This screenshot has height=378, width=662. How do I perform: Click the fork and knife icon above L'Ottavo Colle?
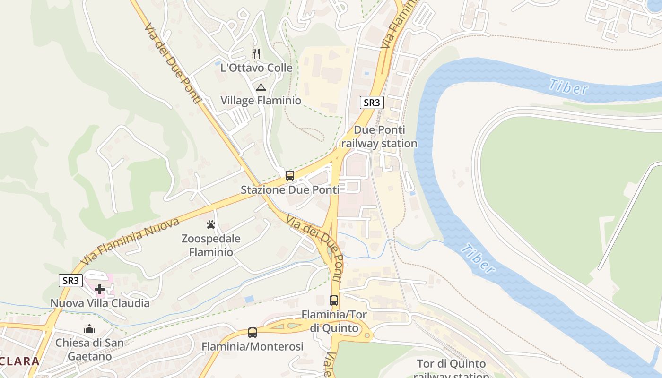(256, 54)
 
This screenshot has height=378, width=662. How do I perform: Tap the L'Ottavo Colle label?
(256, 68)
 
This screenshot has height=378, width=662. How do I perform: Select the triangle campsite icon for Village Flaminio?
(261, 87)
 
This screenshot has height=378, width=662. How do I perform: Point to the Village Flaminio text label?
(261, 101)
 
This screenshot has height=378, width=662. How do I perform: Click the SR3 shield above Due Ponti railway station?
(371, 103)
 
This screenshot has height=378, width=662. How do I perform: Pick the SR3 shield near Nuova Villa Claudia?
(71, 280)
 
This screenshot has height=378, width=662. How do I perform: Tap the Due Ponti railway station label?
(379, 137)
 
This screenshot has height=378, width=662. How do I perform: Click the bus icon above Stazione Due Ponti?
(290, 176)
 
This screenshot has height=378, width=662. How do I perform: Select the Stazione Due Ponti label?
(290, 190)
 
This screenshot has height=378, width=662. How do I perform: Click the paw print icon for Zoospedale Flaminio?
(211, 224)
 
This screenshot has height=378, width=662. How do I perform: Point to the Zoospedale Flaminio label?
(211, 245)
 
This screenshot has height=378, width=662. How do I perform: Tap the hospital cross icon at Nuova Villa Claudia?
(100, 289)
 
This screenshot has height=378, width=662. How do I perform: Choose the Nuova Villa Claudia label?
(100, 303)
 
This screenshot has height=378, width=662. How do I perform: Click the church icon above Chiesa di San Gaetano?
(89, 329)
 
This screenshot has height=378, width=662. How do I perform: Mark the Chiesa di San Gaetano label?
(89, 349)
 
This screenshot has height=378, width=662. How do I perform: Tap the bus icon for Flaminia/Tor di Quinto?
(334, 301)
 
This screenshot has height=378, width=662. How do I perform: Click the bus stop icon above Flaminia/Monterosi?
(253, 333)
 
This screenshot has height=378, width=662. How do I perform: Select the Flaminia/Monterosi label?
(253, 347)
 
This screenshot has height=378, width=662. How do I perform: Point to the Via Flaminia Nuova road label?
(130, 241)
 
